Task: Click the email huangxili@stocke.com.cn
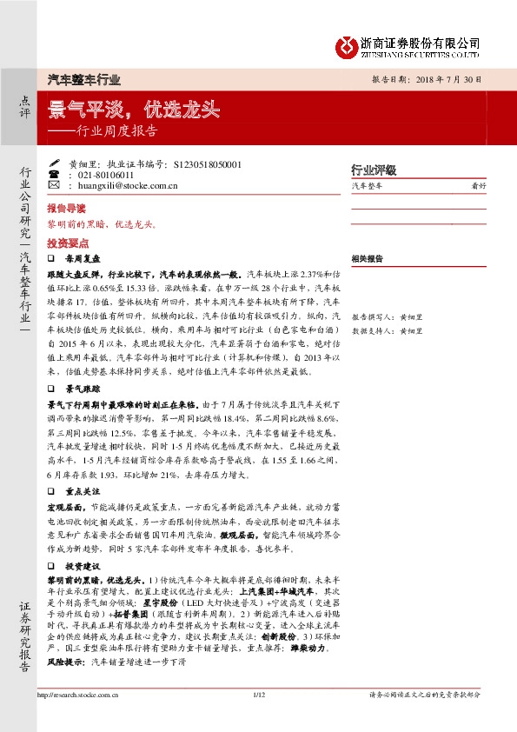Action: coord(128,184)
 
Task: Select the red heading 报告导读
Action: coord(67,210)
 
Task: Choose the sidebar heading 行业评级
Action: coord(373,170)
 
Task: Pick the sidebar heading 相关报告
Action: coord(368,258)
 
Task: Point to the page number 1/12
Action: coord(258,718)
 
